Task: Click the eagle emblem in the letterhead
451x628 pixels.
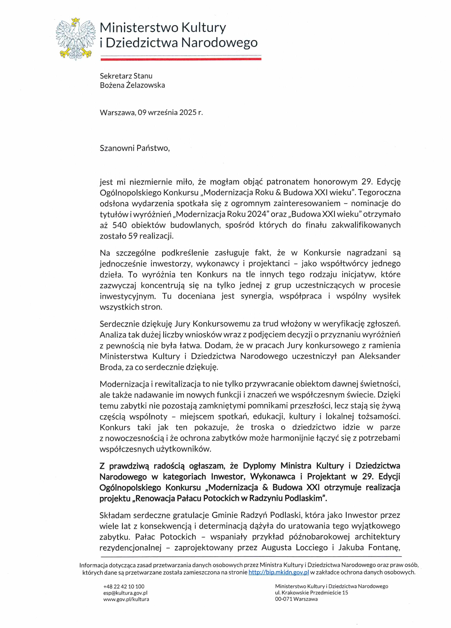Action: point(75,39)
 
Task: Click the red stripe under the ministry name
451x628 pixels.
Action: point(181,59)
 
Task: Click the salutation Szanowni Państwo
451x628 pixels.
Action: point(134,148)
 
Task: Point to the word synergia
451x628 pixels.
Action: point(256,296)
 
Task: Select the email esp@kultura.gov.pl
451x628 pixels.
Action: point(125,593)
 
